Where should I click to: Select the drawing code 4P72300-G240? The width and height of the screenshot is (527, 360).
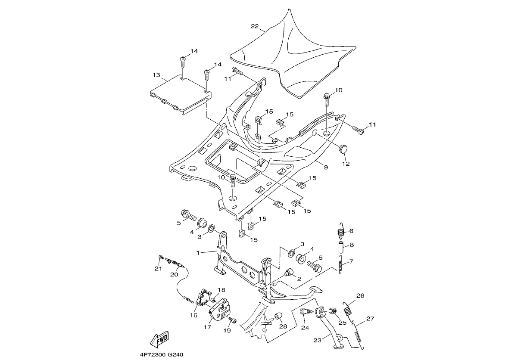click(162, 355)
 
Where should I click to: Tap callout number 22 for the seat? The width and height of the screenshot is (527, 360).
click(254, 26)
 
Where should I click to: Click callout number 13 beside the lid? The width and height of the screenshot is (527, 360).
click(156, 75)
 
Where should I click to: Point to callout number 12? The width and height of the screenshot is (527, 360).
click(346, 164)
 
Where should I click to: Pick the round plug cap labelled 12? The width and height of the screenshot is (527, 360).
click(344, 149)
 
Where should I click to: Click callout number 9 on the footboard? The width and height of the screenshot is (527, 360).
click(326, 167)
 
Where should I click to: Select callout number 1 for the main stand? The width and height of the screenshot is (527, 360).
click(198, 253)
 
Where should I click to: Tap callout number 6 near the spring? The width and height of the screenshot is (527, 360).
click(351, 231)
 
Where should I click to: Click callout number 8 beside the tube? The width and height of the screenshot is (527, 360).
click(352, 245)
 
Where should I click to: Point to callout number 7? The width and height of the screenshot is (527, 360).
click(351, 261)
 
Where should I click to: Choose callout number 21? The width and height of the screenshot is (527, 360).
click(158, 269)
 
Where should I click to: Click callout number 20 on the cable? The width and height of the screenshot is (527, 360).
click(174, 274)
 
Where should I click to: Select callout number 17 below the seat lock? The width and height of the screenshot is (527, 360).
click(207, 327)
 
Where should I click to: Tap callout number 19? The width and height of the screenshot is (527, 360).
click(227, 331)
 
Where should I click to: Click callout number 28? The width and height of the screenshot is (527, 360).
click(283, 327)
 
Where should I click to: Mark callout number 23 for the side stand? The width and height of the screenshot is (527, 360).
click(317, 341)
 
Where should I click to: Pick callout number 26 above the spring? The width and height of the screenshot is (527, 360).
click(360, 296)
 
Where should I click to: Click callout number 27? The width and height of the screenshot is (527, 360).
click(370, 319)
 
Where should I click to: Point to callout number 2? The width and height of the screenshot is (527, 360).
click(299, 279)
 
